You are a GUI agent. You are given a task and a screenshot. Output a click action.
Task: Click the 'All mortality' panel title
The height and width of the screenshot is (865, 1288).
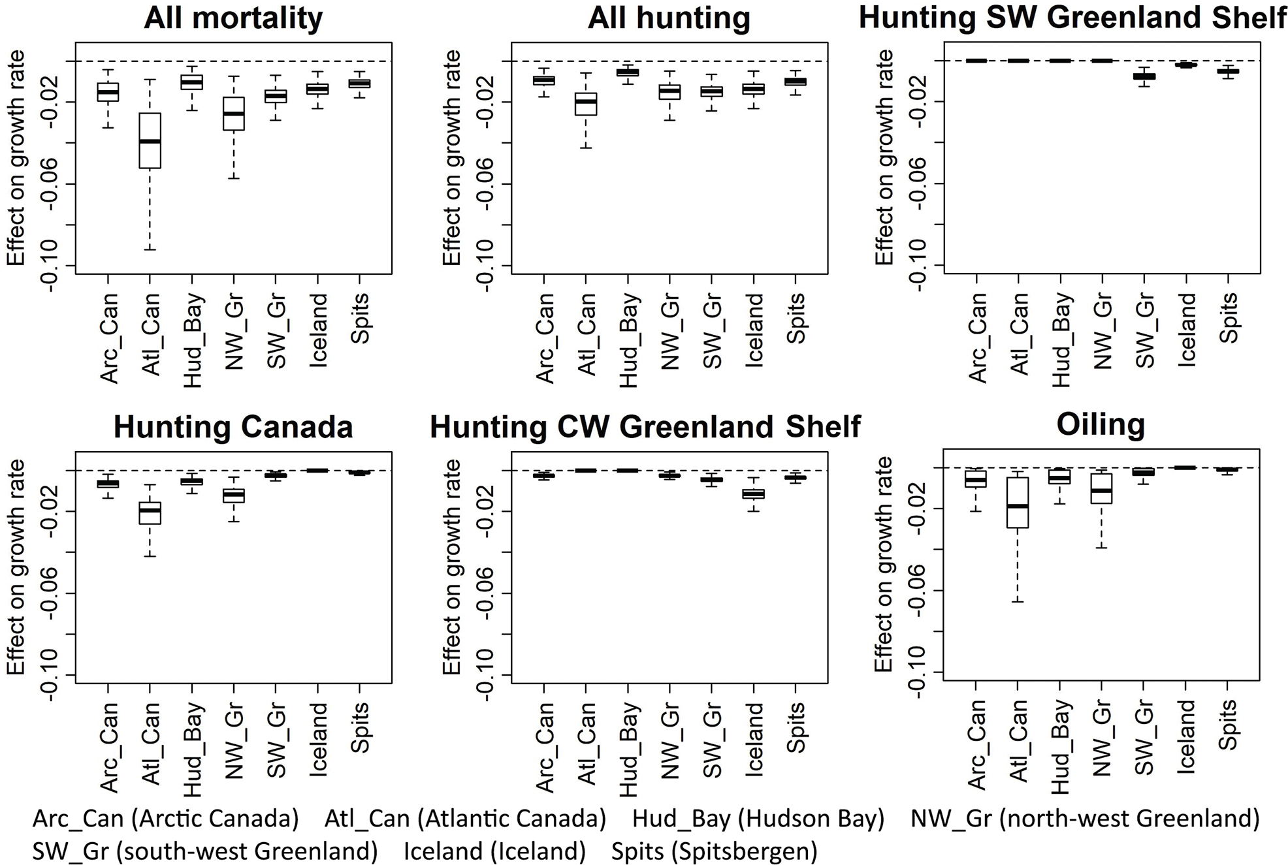233,18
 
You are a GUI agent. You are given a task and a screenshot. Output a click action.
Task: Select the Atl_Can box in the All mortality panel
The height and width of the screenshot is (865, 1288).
150,140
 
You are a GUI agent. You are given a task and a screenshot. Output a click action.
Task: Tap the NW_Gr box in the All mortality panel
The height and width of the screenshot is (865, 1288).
233,114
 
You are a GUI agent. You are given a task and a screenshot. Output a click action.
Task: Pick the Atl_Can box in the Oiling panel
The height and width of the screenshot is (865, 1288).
1017,503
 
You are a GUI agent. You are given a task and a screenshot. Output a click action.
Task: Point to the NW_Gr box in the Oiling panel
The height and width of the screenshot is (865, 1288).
1101,488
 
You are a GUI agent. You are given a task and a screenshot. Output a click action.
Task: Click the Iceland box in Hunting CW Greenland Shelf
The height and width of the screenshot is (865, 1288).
754,494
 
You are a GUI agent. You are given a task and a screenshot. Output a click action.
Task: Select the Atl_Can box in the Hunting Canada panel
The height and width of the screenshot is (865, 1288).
150,513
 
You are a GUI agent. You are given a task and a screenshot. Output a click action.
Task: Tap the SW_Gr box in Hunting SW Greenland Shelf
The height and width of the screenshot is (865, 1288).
1144,76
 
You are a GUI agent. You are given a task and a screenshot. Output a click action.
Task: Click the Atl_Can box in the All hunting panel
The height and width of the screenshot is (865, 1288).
585,104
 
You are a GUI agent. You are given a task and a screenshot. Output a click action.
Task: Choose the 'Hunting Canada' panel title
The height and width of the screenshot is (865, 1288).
233,428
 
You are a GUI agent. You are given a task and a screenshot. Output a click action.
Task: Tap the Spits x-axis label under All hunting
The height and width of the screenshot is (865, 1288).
796,318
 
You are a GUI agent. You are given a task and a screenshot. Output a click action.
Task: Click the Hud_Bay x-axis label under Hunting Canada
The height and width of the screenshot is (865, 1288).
193,749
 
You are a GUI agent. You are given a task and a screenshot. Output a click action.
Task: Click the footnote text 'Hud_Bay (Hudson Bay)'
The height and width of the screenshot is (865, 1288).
758,819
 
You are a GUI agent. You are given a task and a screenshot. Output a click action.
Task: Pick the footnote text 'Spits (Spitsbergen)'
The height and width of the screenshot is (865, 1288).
715,851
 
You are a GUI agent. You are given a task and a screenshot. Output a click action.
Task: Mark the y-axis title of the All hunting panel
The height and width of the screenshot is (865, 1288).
451,157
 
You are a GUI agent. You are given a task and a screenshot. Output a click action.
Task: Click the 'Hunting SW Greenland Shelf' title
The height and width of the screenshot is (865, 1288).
1072,18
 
